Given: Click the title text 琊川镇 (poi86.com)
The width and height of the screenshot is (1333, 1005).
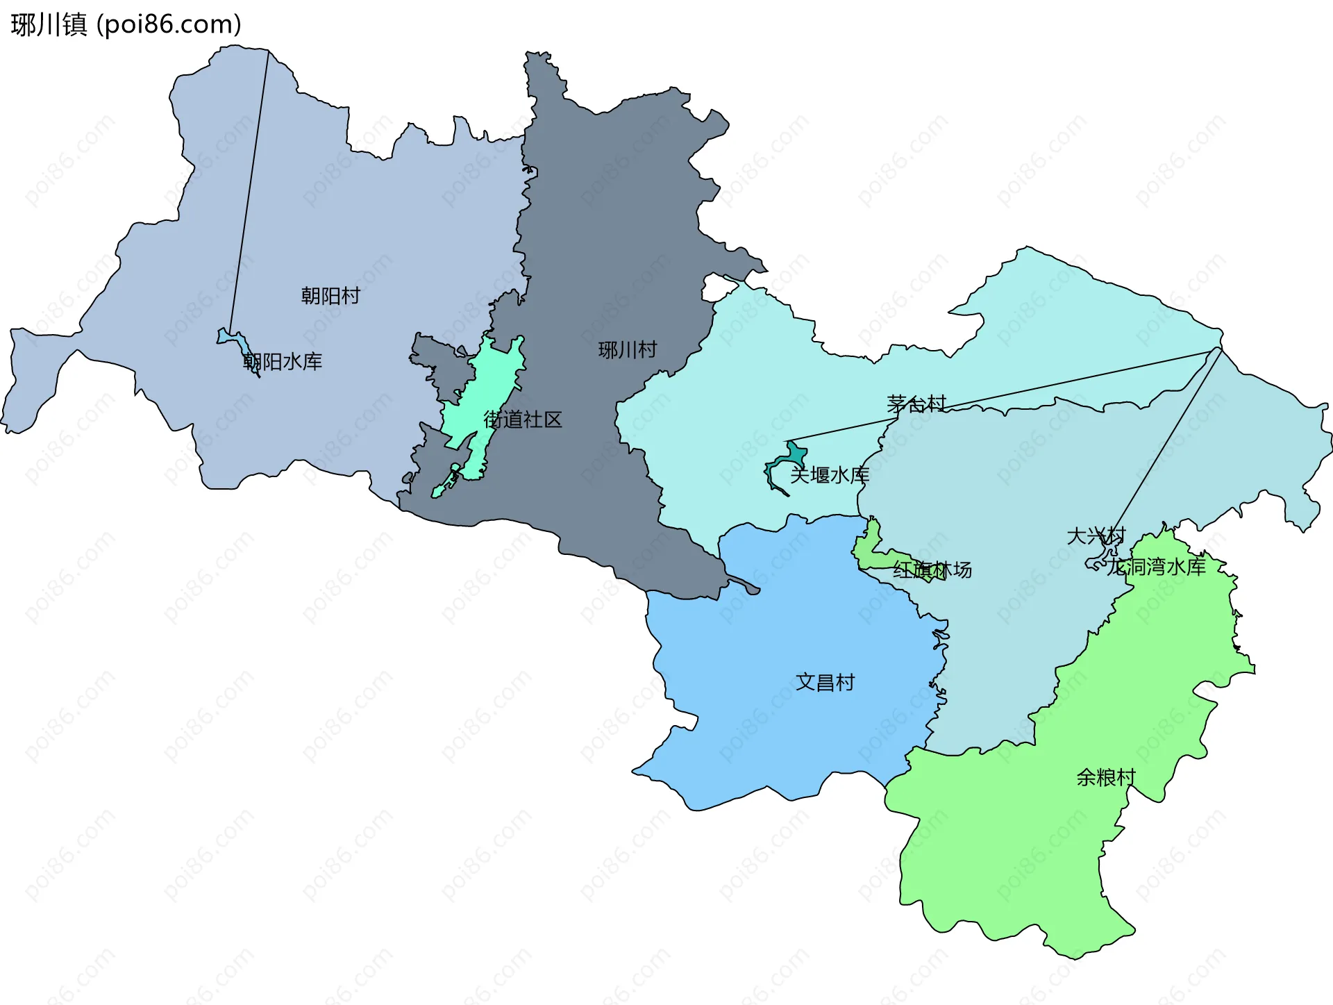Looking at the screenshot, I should click(x=126, y=24).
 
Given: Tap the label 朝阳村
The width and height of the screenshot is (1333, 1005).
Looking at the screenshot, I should click(x=330, y=296).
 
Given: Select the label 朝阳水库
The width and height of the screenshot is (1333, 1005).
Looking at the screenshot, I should click(x=283, y=361).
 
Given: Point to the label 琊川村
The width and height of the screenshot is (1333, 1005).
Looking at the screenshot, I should click(x=628, y=349).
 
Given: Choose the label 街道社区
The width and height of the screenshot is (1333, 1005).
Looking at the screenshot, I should click(x=522, y=420).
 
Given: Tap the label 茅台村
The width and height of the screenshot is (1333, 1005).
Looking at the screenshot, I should click(x=916, y=404).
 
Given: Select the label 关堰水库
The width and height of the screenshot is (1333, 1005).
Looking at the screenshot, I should click(x=830, y=475).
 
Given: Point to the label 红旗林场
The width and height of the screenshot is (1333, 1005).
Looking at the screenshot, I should click(x=932, y=570).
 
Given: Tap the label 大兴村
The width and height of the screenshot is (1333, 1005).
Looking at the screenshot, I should click(x=1095, y=535).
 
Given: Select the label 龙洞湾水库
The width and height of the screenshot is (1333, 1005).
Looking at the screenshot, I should click(x=1157, y=567).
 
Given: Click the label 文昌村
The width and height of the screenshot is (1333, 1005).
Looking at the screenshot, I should click(x=825, y=682).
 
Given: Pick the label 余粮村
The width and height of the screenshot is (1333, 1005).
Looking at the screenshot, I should click(x=1106, y=776).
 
